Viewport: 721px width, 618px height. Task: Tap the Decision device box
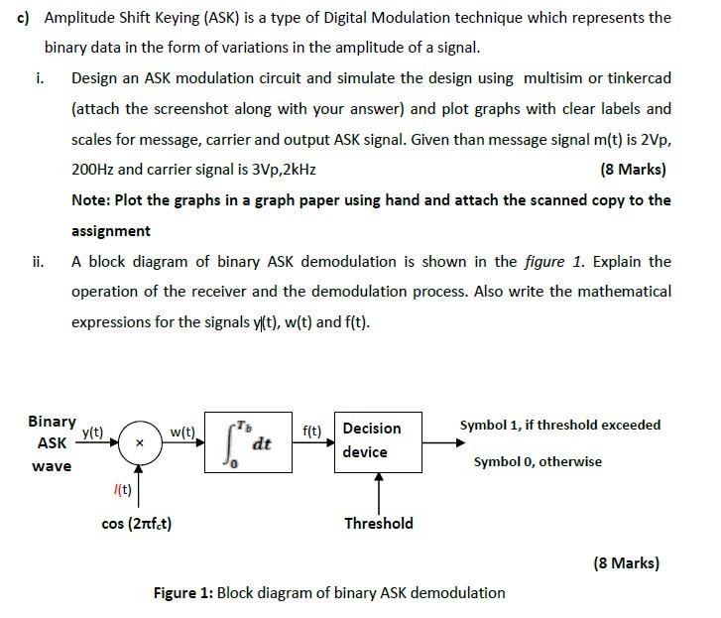[378, 440]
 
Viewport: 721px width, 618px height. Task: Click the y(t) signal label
[93, 432]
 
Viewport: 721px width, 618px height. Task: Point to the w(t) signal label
[182, 432]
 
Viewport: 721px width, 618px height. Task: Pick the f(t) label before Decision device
[311, 432]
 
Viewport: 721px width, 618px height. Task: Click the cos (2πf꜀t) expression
[137, 524]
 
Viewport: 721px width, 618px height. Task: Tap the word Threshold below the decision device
[379, 523]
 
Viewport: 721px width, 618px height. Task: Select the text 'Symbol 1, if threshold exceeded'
[559, 425]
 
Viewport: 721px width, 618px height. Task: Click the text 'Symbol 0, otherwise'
[538, 461]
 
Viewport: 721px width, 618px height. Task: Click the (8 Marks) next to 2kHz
[634, 169]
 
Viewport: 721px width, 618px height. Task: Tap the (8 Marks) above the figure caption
[626, 562]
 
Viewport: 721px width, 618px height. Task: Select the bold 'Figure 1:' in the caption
[182, 592]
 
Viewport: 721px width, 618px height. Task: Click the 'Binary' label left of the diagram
[52, 422]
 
